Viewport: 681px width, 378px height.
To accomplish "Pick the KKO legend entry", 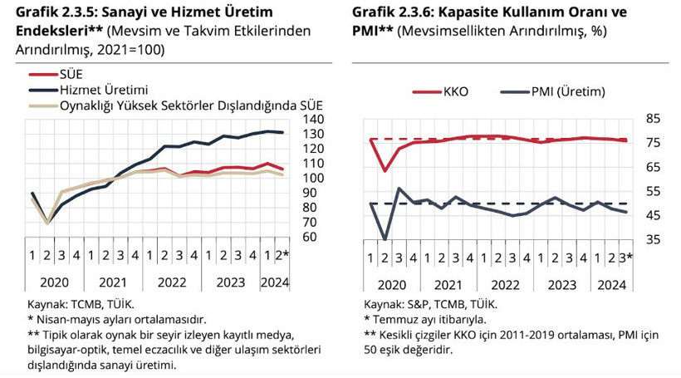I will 456,92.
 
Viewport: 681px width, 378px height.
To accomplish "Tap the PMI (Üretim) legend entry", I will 567,92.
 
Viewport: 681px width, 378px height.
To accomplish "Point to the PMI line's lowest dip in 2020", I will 385,239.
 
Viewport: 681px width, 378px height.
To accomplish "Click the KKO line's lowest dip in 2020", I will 385,170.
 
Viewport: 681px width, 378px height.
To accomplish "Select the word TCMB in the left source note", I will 88,304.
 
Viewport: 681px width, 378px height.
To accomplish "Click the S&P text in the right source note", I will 423,304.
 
